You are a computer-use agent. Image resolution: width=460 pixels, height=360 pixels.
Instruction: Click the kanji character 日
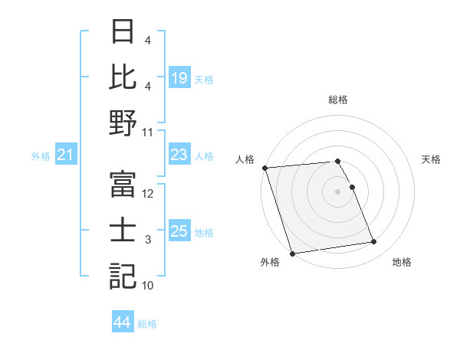click(123, 34)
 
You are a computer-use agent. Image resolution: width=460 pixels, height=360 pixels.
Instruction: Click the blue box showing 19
click(179, 77)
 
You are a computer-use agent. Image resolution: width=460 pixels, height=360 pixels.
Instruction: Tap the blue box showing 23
click(179, 155)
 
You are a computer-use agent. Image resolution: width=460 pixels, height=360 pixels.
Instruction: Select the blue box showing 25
click(179, 232)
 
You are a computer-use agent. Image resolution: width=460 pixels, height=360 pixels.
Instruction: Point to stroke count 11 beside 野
click(148, 132)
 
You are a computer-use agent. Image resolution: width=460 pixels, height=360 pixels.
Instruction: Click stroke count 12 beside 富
click(148, 195)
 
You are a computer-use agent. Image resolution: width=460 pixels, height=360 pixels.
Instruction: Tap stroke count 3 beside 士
click(148, 241)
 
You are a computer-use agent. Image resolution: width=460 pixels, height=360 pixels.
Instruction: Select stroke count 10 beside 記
click(148, 286)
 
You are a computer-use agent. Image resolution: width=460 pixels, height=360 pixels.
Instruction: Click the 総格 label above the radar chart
click(337, 100)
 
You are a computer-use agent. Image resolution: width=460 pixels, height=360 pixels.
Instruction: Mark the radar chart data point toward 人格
click(264, 168)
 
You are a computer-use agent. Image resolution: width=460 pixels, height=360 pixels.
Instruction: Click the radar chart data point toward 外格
click(292, 253)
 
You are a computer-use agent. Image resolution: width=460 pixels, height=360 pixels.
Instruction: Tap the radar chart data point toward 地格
click(374, 242)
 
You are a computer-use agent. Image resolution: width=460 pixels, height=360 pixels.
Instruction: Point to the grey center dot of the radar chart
click(337, 191)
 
